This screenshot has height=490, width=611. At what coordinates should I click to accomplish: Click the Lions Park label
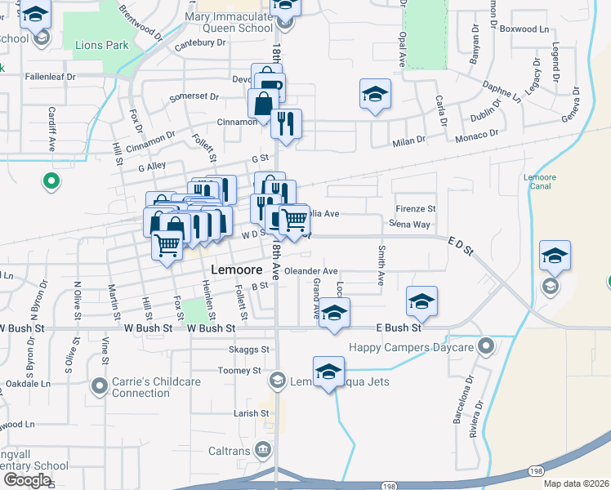[101, 45]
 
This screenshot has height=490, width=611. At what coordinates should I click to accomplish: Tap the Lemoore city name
[235, 269]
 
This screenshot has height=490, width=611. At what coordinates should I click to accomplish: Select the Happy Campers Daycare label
[411, 347]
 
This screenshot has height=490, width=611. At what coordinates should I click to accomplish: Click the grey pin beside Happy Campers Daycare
[487, 346]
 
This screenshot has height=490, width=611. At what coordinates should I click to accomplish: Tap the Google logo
[26, 480]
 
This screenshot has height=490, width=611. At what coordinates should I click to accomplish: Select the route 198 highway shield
[534, 471]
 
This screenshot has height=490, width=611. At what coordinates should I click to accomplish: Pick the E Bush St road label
[398, 327]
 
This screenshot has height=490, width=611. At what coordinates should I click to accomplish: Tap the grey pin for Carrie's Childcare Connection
[100, 385]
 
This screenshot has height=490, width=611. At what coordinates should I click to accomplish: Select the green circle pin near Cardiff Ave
[51, 181]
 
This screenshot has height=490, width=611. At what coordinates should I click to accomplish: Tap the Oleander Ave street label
[310, 271]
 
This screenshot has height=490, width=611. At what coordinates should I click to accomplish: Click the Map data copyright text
[576, 483]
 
